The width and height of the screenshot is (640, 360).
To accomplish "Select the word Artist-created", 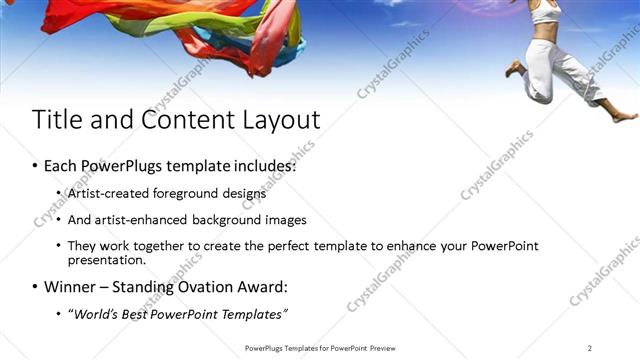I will [109, 194].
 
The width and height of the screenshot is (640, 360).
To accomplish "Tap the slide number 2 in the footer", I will [590, 348].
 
